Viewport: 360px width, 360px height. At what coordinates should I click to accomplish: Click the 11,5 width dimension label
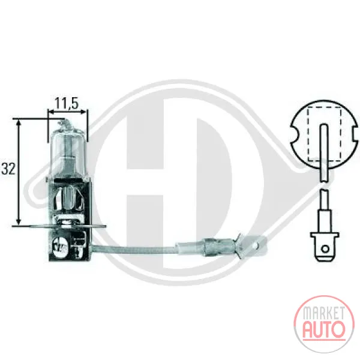67,103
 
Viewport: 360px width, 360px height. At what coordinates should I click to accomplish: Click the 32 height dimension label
8,169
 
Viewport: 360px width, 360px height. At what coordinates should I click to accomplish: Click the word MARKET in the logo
324,313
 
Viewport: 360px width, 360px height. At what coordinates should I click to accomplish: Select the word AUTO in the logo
324,329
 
